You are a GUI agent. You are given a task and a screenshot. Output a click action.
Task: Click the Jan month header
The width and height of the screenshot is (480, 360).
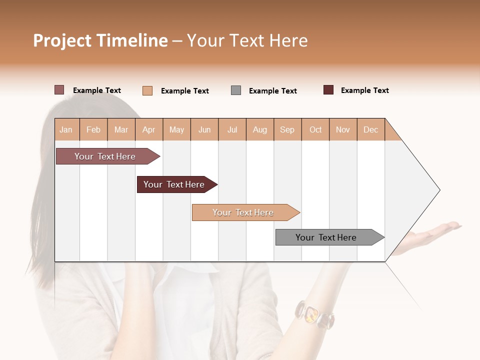pyautogui.click(x=66, y=129)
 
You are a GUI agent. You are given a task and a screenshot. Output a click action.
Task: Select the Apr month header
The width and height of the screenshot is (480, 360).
pyautogui.click(x=148, y=129)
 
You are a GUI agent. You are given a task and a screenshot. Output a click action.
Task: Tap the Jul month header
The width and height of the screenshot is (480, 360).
pyautogui.click(x=232, y=129)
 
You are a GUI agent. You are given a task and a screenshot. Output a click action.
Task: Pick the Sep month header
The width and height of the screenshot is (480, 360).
pyautogui.click(x=287, y=129)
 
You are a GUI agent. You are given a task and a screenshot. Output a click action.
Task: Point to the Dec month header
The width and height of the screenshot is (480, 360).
pyautogui.click(x=370, y=129)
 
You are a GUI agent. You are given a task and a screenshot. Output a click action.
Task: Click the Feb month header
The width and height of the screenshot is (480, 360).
pyautogui.click(x=93, y=129)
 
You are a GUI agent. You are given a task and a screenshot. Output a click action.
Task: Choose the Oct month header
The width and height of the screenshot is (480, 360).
pyautogui.click(x=315, y=129)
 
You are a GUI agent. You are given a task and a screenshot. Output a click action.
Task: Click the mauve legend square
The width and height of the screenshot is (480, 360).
pyautogui.click(x=59, y=90)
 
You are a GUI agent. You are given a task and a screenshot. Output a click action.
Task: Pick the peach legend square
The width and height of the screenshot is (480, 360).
pyautogui.click(x=147, y=90)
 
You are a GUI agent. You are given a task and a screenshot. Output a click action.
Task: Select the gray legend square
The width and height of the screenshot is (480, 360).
pyautogui.click(x=236, y=90)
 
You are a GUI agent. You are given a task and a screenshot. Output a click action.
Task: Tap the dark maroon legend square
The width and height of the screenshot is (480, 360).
pyautogui.click(x=328, y=90)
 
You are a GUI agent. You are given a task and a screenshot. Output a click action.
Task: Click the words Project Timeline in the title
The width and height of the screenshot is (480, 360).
pyautogui.click(x=100, y=40)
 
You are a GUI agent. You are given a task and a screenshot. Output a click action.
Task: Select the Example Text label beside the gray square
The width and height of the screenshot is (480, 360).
pyautogui.click(x=272, y=91)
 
